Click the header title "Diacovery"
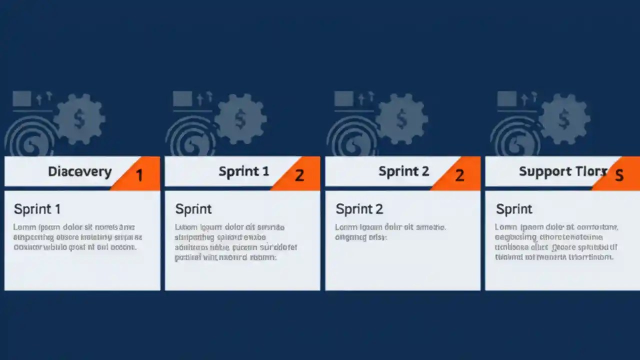coord(79,171)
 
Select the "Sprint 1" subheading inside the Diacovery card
coord(37,209)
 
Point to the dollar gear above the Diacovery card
coord(79,119)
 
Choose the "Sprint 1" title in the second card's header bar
coord(243,171)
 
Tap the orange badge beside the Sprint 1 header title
coord(299,174)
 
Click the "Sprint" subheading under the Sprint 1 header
coord(193,209)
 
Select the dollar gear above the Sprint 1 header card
coord(240,119)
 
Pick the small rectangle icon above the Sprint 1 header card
coord(182,98)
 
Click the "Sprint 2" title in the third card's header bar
coord(403,171)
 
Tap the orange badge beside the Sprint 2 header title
coord(459,174)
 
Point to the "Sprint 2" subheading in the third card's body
coord(359,209)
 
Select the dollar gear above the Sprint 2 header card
coord(401,119)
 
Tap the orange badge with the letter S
coord(619,174)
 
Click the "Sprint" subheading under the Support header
coord(514,209)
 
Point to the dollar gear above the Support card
coord(564,119)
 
